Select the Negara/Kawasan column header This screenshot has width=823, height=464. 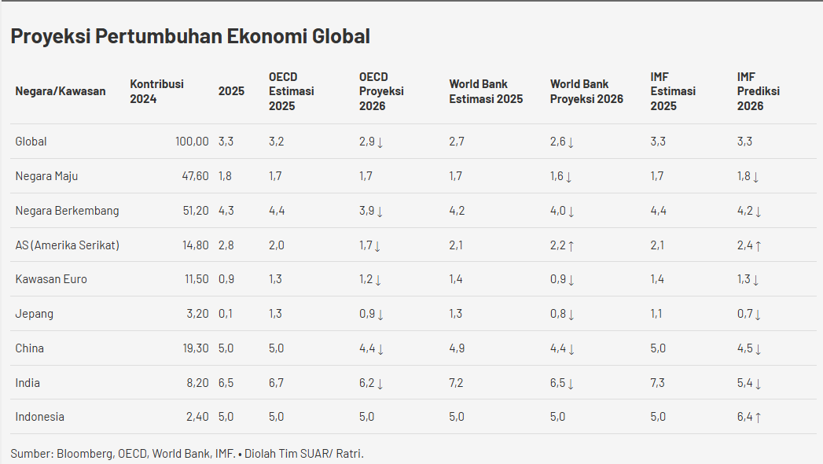[x=61, y=91]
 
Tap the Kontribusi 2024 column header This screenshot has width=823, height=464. [x=156, y=91]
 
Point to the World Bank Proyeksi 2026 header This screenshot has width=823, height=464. [x=586, y=91]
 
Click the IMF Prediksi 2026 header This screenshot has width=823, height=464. [x=758, y=91]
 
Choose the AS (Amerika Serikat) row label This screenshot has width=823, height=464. [x=68, y=245]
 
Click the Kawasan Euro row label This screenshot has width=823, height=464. [x=51, y=279]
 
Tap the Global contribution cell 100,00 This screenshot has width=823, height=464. [x=192, y=142]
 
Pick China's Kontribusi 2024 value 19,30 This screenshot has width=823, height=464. [x=195, y=348]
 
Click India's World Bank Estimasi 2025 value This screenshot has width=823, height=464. [x=457, y=383]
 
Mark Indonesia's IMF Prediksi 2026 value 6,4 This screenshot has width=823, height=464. [x=744, y=417]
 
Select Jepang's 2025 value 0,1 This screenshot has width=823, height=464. [x=225, y=314]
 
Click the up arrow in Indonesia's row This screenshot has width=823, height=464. [x=758, y=418]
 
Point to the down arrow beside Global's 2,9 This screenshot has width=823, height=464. [x=380, y=142]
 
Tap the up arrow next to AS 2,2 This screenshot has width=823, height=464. [x=571, y=246]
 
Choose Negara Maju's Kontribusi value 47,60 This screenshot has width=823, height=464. [x=195, y=176]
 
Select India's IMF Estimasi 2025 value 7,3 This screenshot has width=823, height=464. [x=658, y=383]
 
